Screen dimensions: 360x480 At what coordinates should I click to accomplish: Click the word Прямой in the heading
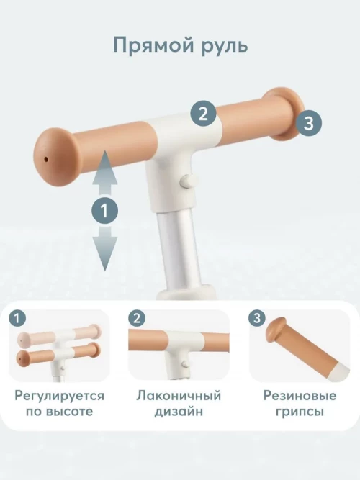click(x=154, y=46)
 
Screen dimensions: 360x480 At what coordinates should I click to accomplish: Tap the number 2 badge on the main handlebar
click(x=203, y=114)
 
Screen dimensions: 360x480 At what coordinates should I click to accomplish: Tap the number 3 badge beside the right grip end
click(x=309, y=123)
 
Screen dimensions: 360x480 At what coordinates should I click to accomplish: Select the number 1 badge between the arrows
click(x=105, y=212)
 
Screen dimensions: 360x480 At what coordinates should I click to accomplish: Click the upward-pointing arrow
click(x=105, y=173)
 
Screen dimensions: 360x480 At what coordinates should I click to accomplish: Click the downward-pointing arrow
click(x=105, y=248)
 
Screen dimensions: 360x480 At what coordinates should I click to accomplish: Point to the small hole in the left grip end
click(x=46, y=159)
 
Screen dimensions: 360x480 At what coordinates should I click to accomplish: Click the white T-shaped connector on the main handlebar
click(x=181, y=153)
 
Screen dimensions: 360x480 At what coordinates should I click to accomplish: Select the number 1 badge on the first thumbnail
click(x=17, y=319)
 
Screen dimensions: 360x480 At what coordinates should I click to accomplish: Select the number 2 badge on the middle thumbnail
click(x=137, y=319)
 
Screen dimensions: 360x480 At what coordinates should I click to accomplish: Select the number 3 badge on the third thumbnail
click(x=257, y=319)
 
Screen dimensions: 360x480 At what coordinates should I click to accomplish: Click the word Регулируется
click(x=60, y=396)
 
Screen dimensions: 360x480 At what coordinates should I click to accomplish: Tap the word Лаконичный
click(x=179, y=396)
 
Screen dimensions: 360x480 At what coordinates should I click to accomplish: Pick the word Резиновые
click(x=300, y=396)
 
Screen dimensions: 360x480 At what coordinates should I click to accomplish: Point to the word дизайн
click(x=179, y=412)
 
